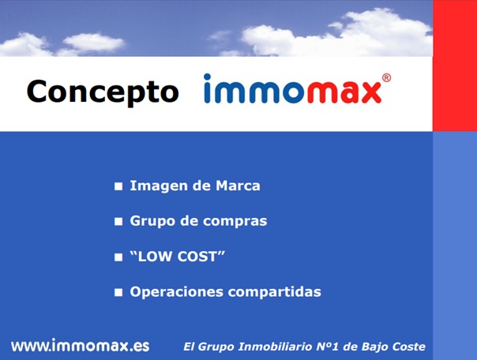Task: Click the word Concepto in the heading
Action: (103, 92)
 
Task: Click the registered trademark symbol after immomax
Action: (386, 77)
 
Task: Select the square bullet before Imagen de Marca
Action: (118, 186)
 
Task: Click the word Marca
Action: (238, 186)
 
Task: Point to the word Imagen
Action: (159, 186)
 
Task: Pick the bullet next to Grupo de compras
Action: (118, 222)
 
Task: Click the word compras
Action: (235, 222)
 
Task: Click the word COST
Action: (197, 257)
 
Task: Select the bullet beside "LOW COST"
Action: (118, 257)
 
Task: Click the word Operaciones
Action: (177, 292)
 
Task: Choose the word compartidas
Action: (275, 292)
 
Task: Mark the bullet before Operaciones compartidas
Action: (118, 292)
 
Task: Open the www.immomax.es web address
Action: (81, 346)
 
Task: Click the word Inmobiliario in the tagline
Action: (275, 347)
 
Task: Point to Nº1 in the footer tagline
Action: (327, 347)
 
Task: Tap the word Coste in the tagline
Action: (409, 347)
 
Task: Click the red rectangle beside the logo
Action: (455, 66)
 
